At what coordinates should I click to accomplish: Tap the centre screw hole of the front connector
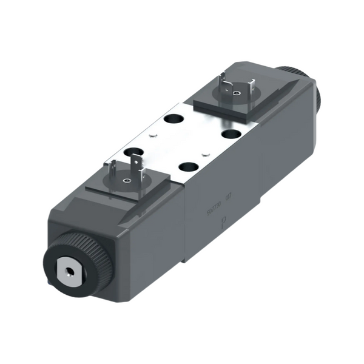[127, 180]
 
